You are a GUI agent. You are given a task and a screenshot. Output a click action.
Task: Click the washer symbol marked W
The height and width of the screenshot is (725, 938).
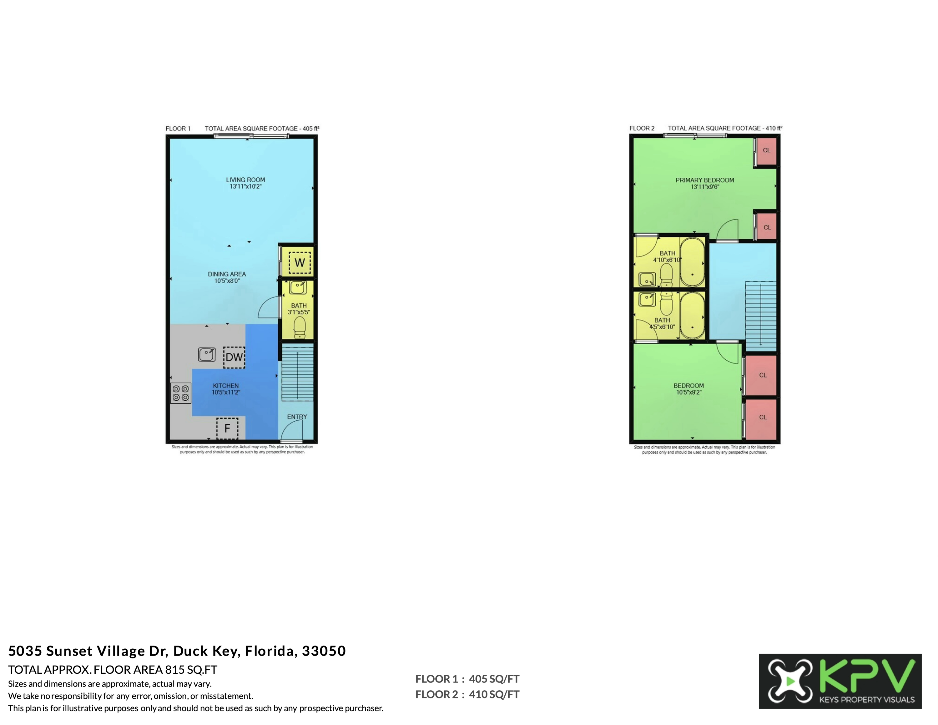click(x=299, y=262)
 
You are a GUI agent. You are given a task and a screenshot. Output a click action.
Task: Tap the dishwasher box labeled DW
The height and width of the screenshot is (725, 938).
click(x=234, y=357)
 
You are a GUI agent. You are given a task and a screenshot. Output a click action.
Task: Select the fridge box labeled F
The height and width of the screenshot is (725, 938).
click(x=227, y=428)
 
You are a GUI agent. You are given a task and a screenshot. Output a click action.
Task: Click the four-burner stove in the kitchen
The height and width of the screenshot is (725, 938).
click(x=181, y=393)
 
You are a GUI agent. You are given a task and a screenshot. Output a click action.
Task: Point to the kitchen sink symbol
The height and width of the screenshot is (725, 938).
click(x=207, y=355)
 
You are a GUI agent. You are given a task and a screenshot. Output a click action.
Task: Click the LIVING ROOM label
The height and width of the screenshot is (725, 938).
click(x=246, y=180)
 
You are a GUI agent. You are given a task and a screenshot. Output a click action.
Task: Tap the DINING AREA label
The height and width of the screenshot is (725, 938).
click(x=227, y=274)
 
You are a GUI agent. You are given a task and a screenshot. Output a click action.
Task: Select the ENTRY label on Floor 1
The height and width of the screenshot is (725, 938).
click(x=297, y=417)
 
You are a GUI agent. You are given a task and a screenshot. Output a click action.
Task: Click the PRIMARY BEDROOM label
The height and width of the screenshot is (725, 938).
click(x=705, y=180)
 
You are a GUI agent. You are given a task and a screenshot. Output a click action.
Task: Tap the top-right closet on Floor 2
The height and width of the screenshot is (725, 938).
click(x=766, y=151)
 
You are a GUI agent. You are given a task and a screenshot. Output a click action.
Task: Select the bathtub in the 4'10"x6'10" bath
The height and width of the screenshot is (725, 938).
click(x=692, y=262)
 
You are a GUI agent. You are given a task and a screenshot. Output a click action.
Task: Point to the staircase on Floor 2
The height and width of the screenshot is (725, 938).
click(x=761, y=317)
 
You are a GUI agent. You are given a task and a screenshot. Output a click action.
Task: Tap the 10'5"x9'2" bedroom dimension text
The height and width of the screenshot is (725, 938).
click(x=688, y=392)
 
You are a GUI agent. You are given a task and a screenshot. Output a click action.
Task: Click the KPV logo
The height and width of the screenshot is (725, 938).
click(x=840, y=681)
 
